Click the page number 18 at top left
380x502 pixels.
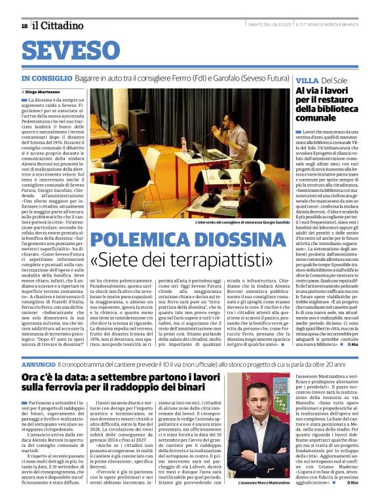(24, 26)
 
